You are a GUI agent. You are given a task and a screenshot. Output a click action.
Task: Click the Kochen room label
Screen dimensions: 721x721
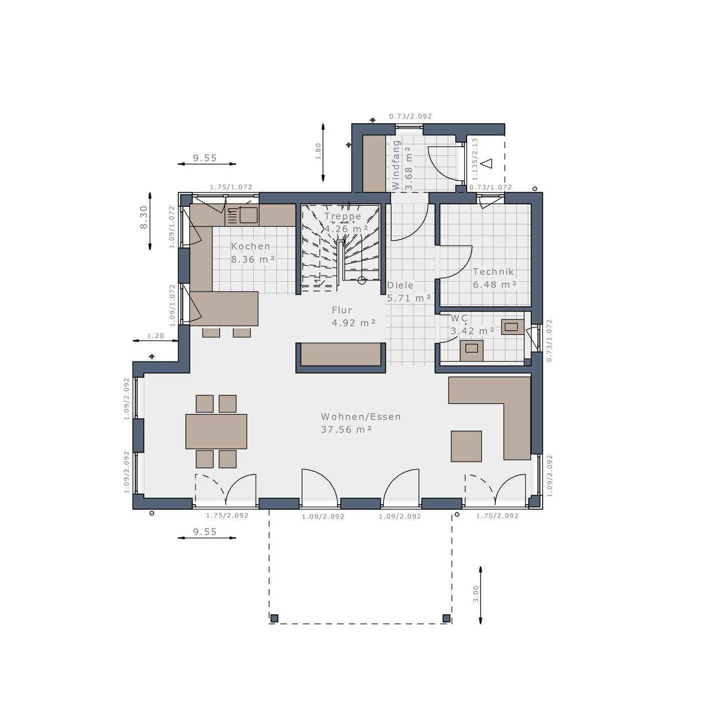point(250,246)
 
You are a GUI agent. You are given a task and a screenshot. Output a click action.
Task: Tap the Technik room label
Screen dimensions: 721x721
point(493,272)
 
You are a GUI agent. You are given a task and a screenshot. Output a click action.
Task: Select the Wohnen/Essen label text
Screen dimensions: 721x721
point(360,417)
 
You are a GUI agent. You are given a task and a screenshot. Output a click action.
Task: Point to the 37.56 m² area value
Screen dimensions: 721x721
point(346,430)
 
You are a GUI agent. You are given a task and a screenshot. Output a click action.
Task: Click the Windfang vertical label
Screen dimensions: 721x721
point(396,165)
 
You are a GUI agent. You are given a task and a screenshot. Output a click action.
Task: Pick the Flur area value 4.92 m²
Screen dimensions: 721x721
point(353,323)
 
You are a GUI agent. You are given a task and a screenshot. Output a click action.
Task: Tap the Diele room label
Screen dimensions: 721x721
point(400,285)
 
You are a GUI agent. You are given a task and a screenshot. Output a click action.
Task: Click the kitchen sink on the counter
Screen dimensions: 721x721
point(248,215)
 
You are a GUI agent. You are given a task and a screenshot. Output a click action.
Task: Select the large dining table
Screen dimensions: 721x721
point(216,431)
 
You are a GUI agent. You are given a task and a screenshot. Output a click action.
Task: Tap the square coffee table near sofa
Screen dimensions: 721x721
point(466,446)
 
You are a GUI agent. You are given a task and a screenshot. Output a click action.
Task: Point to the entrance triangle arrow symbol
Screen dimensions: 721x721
point(487,163)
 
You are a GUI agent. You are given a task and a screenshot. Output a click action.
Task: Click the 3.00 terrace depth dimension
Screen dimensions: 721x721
point(476,594)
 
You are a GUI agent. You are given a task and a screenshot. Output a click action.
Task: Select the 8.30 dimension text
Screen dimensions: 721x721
point(144,218)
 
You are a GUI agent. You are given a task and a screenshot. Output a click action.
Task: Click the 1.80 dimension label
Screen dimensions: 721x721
point(318,151)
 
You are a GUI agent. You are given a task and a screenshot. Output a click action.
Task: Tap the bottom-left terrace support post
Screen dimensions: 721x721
point(274,618)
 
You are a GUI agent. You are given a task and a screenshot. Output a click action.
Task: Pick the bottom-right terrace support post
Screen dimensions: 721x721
point(446,618)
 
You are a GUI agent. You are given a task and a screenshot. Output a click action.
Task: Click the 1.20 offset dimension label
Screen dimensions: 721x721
point(155,336)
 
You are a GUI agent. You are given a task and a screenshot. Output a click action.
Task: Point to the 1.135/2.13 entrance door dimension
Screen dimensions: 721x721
point(475,159)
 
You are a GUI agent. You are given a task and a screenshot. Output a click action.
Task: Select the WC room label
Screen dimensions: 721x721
point(459,318)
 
